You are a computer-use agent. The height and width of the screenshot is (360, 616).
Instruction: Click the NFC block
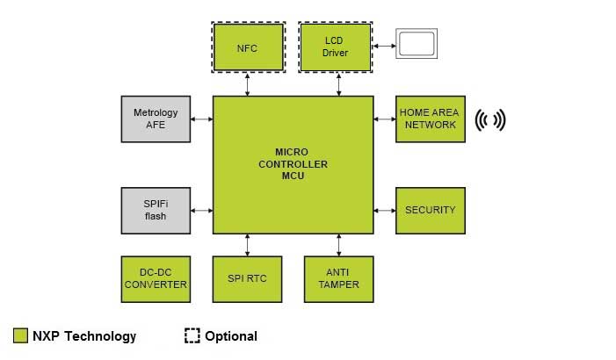248,47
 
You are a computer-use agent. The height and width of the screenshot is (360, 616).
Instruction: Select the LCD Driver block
336,47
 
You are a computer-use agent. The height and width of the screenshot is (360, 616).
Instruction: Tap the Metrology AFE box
156,119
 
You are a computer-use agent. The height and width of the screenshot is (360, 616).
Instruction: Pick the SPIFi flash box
156,210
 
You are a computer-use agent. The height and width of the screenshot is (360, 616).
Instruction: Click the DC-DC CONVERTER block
156,279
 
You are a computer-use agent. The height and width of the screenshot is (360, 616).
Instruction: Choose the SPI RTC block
247,279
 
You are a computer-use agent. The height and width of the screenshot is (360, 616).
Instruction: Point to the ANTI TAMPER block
338,279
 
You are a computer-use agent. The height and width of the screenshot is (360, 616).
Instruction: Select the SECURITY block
430,210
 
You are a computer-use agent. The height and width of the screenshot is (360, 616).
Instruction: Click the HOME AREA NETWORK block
430,119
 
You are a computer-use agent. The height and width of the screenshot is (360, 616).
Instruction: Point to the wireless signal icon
491,119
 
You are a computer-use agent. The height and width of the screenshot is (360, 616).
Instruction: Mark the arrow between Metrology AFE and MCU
201,119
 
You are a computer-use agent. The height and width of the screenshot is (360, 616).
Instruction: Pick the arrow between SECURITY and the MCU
384,210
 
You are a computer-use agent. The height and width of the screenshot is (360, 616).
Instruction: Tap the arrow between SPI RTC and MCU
248,245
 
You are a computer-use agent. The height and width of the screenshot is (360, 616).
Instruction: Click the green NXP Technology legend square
21,335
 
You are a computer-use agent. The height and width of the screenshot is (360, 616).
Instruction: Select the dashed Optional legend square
192,335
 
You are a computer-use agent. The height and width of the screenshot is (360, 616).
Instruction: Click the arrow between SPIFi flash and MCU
201,210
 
